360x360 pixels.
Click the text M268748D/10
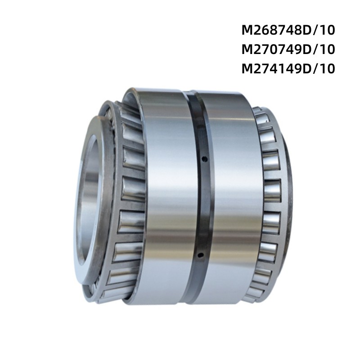[x=288, y=31]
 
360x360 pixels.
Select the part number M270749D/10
[x=288, y=50]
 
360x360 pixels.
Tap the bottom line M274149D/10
[x=288, y=69]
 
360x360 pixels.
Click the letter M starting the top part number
[x=247, y=31]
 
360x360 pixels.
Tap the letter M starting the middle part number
[x=247, y=50]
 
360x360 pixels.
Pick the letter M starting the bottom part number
[x=247, y=69]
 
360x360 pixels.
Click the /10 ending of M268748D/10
[x=324, y=31]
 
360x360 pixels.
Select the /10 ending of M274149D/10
[x=324, y=69]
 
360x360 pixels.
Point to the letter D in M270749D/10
[x=307, y=50]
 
